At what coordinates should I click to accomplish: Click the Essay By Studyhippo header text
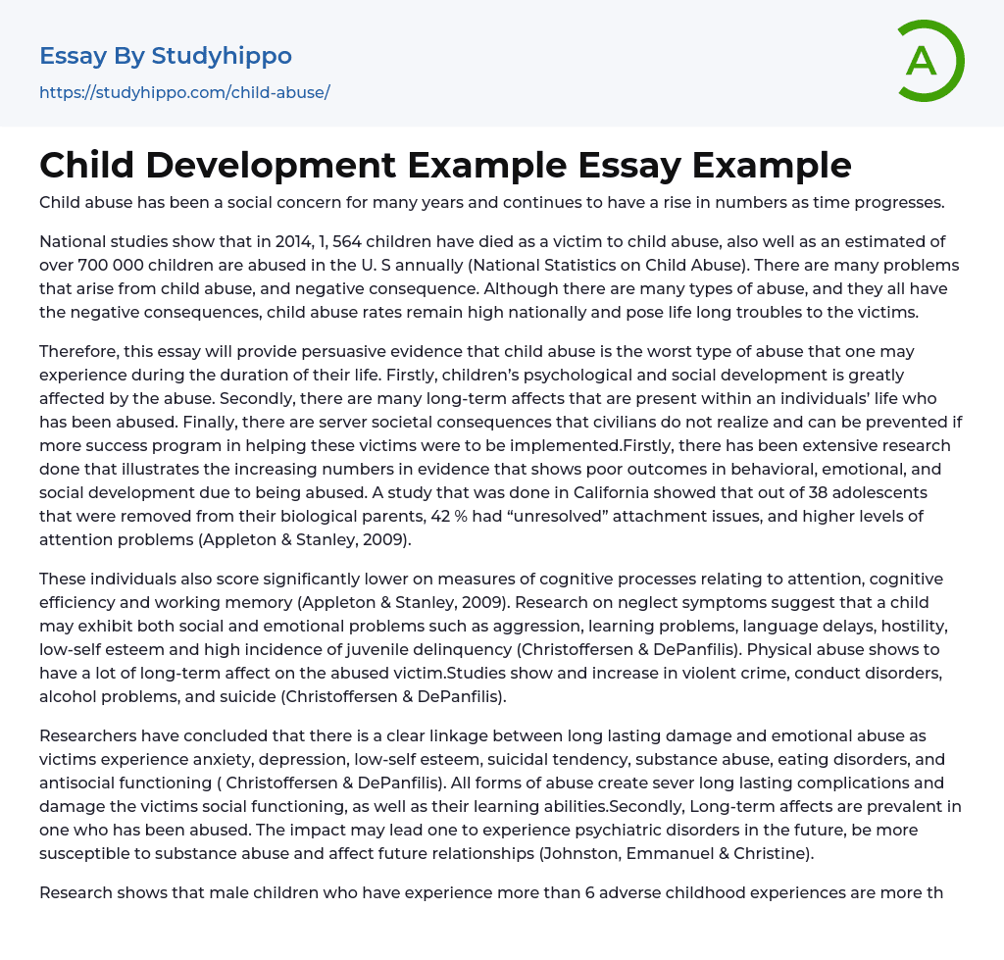point(166,56)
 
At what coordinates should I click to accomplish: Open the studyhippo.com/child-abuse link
point(184,92)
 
